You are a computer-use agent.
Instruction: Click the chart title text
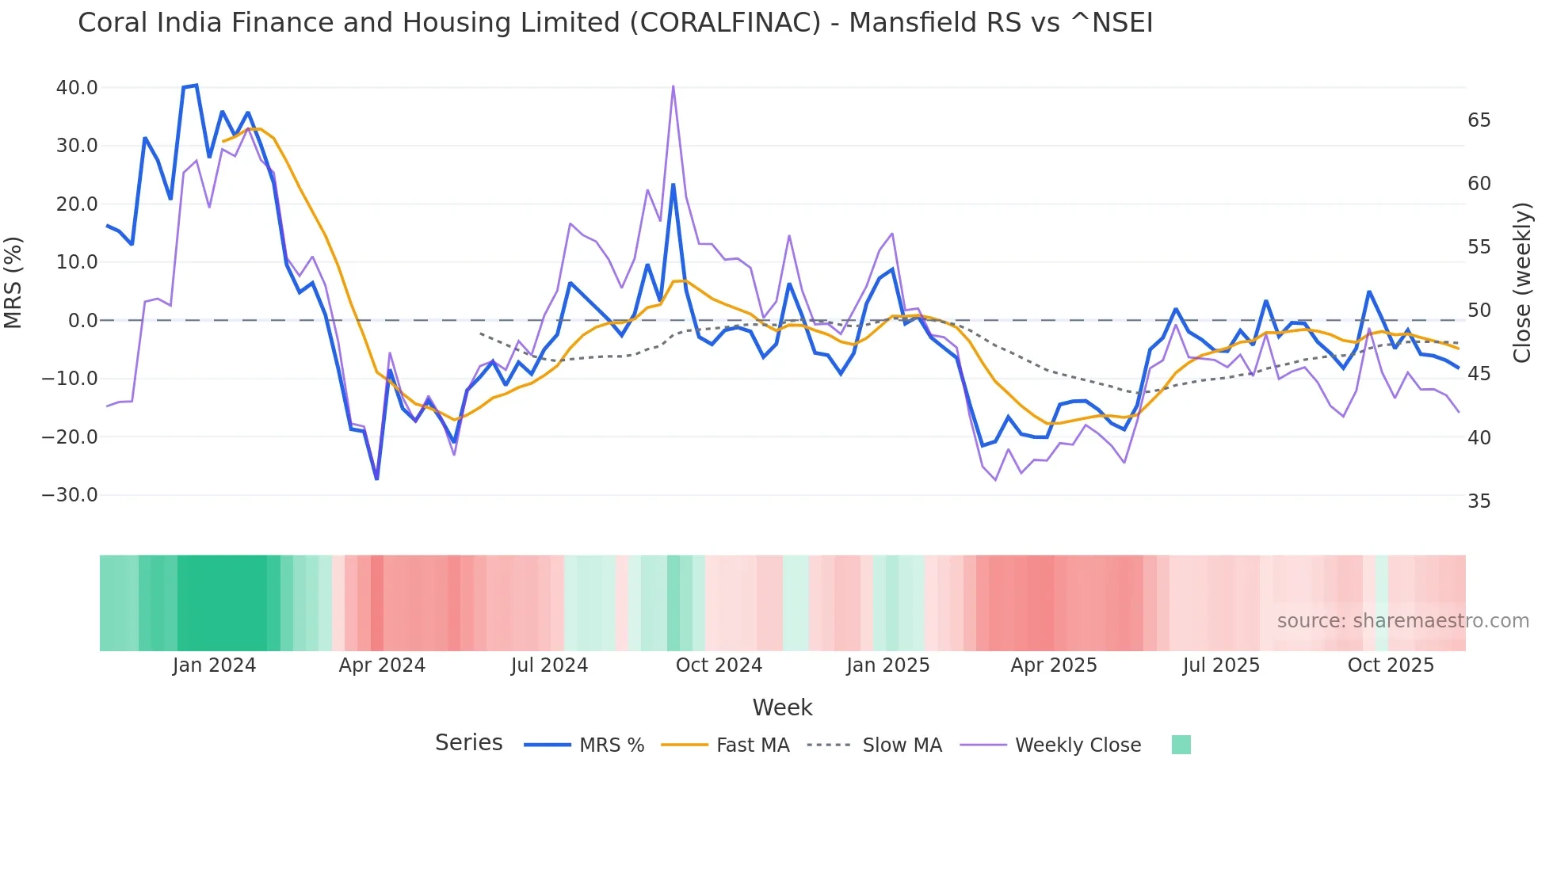(615, 23)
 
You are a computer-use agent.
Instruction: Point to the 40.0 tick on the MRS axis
(77, 88)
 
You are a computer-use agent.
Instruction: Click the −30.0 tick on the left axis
(70, 495)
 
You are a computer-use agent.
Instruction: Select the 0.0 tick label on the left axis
(82, 321)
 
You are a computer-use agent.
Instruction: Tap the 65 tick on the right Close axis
(1479, 120)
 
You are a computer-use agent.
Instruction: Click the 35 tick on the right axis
(1479, 501)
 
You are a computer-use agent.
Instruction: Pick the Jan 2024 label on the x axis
(214, 665)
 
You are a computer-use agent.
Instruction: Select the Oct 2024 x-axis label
(719, 665)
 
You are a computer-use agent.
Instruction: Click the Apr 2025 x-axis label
(1053, 665)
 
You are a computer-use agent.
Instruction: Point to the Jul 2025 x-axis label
(1221, 665)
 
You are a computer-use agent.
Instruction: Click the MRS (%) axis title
(13, 282)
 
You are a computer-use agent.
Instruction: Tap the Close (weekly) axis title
(1522, 283)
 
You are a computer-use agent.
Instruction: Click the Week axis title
(782, 707)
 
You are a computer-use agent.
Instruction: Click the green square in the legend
(1181, 745)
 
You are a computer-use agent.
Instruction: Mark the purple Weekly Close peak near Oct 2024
(673, 86)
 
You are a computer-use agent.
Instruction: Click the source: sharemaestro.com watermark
(1402, 621)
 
